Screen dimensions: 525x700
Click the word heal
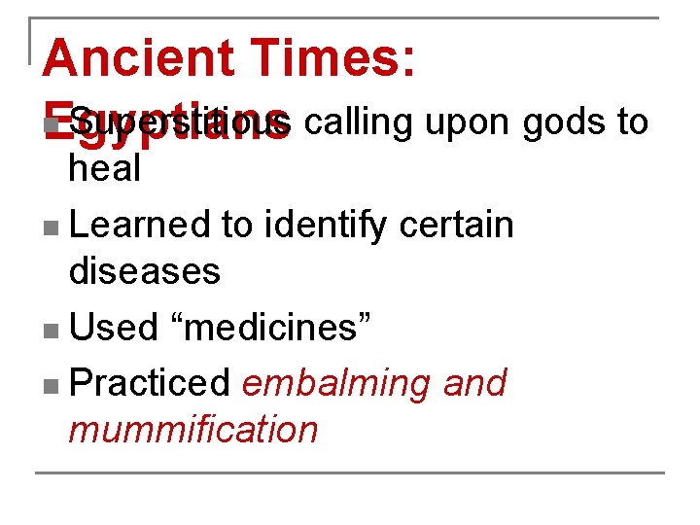[x=104, y=168]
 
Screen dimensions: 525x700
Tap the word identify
[x=326, y=225]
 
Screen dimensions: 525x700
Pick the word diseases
[x=145, y=270]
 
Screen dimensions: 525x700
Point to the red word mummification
[x=192, y=429]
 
